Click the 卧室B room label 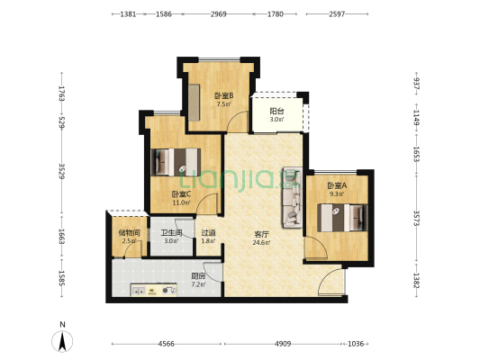[x=223, y=96]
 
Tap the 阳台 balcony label [x=276, y=112]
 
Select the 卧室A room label [x=337, y=185]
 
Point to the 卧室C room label [x=181, y=194]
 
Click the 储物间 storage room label [x=129, y=233]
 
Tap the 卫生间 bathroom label [x=171, y=233]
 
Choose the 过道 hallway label [x=208, y=233]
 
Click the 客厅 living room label [x=261, y=235]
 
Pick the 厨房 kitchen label [x=198, y=276]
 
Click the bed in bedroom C [x=176, y=162]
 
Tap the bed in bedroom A [x=342, y=218]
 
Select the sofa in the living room [x=293, y=197]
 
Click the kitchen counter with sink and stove [x=154, y=290]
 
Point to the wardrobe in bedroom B [x=194, y=103]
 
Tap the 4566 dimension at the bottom [x=167, y=344]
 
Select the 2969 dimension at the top [x=218, y=14]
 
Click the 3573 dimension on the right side [x=416, y=218]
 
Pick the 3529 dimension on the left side [x=62, y=172]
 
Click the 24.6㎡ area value [x=261, y=243]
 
